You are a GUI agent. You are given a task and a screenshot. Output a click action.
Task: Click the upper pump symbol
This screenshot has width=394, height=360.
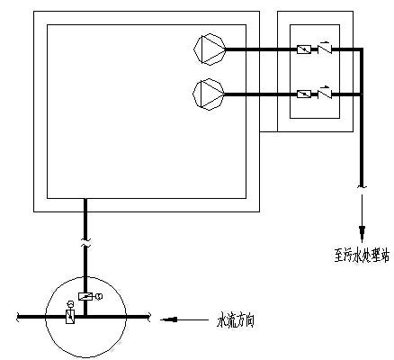[210, 49]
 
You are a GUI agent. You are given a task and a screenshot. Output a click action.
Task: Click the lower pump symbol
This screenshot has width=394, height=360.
[209, 94]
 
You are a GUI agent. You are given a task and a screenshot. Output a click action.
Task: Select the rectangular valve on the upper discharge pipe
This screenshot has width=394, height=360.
[304, 49]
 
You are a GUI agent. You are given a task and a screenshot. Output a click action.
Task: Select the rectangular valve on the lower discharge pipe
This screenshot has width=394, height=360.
[304, 94]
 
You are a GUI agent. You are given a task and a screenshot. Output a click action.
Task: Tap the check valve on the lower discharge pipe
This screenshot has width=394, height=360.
[325, 94]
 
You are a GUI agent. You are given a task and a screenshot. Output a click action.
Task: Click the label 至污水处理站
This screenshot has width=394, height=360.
[362, 256]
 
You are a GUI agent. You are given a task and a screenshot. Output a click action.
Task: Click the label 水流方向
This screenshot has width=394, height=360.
[236, 320]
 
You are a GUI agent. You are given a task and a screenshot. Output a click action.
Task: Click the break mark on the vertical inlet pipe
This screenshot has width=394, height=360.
[85, 243]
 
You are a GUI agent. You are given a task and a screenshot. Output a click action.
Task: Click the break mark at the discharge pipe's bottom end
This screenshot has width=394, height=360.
[362, 187]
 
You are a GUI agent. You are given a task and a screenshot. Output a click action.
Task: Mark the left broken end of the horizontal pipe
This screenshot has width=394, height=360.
[17, 317]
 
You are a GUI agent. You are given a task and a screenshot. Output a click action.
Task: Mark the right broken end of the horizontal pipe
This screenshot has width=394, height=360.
[148, 317]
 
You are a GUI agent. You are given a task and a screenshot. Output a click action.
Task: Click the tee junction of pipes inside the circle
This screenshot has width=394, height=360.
[85, 317]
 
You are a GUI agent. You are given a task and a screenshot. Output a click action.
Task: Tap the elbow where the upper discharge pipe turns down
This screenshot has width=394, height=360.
[362, 49]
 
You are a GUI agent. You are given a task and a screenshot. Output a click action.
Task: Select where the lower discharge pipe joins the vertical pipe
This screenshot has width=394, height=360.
[362, 94]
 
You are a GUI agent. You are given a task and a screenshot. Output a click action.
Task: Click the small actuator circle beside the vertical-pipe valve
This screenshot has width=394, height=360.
[99, 296]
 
